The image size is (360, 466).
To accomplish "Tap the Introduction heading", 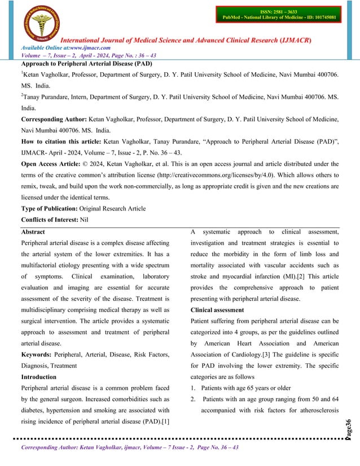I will pos(42,376).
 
